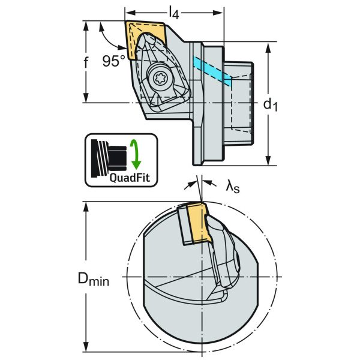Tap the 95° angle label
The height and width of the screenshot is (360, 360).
pos(113,61)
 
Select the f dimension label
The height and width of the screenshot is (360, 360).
pos(86,62)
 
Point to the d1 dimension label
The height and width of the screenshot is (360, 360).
pos(270,104)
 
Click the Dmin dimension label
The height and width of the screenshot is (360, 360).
pos(94,279)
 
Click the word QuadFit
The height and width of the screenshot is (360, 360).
pos(130,178)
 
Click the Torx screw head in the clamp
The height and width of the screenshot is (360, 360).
pos(159,78)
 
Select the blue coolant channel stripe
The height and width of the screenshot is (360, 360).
pos(212,71)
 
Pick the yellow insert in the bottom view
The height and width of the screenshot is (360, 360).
pos(199,223)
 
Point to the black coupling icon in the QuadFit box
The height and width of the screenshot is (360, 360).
pos(109,158)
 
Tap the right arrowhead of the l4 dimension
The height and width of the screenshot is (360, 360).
pos(218,13)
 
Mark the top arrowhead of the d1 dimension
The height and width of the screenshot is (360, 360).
pos(268,47)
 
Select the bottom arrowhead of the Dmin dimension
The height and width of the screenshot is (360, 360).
pos(86,346)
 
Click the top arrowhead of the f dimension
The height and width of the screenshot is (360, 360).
pos(86,26)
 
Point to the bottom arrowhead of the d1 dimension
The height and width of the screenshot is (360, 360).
pos(268,160)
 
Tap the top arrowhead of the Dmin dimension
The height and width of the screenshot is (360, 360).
pos(86,208)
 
